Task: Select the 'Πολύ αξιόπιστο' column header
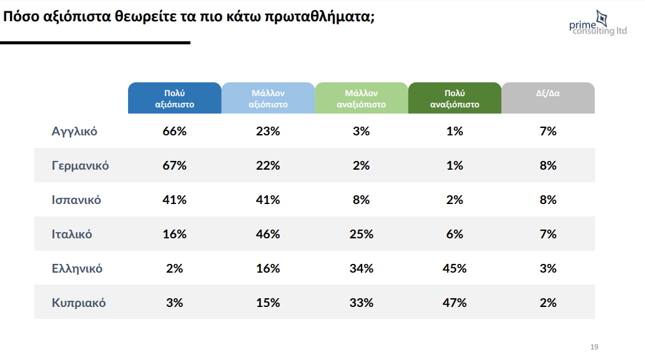tap(175, 99)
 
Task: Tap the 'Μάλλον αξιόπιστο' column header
tap(268, 99)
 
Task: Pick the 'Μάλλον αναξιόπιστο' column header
tap(362, 99)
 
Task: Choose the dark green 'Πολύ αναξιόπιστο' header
tap(455, 99)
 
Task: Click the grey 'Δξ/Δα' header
tap(548, 94)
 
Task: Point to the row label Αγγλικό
tap(74, 132)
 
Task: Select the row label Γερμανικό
tap(80, 166)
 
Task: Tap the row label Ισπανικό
tap(76, 200)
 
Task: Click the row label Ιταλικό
tap(72, 235)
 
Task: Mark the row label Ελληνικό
tap(77, 269)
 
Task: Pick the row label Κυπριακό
tap(79, 303)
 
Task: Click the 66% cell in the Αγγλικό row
tap(175, 132)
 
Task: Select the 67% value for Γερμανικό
tap(175, 166)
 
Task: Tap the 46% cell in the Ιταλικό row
tap(268, 235)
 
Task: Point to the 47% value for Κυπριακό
tap(455, 303)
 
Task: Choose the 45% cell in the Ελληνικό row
tap(455, 269)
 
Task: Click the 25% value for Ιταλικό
tap(362, 235)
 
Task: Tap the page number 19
tap(594, 347)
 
